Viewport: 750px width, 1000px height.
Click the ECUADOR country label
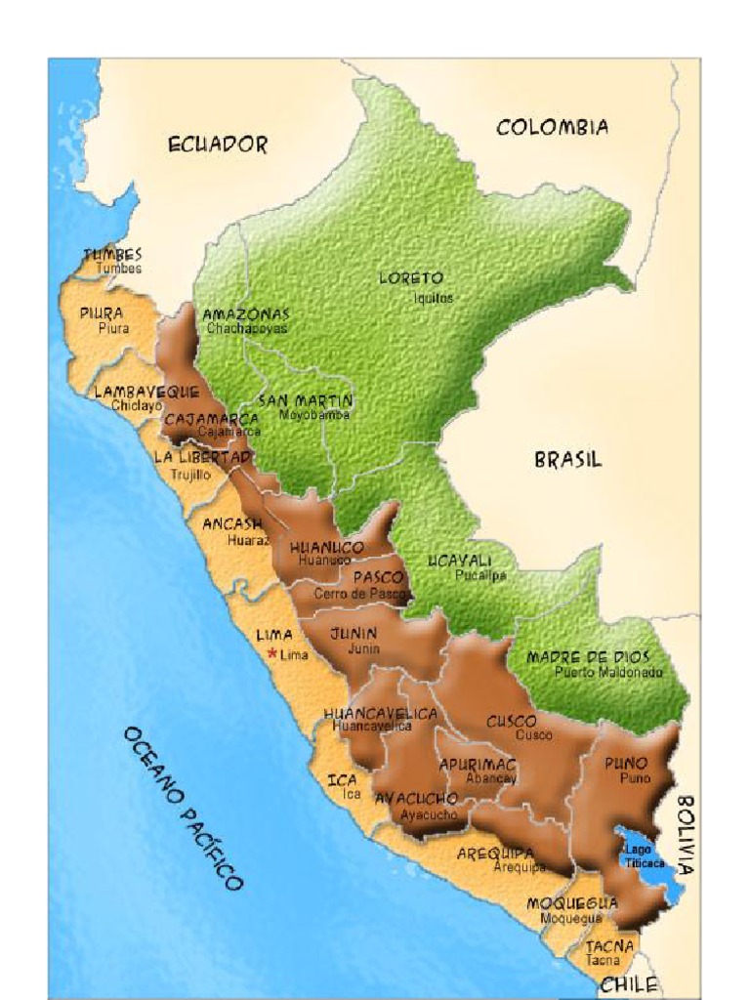217,145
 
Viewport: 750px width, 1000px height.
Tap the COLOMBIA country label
553,127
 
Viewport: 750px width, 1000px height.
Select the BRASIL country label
567,459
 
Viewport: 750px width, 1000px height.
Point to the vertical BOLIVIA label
687,834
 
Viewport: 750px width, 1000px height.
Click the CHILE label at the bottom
628,985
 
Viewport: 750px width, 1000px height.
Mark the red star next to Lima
272,654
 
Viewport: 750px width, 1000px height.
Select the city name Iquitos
432,299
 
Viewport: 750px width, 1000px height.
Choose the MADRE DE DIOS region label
589,657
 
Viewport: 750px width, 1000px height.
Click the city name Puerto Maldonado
607,672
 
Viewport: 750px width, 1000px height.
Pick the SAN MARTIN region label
305,400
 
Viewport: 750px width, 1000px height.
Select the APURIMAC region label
477,764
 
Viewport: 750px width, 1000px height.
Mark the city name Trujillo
190,475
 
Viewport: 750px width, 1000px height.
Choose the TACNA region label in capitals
609,945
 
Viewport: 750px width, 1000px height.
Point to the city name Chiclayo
136,405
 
